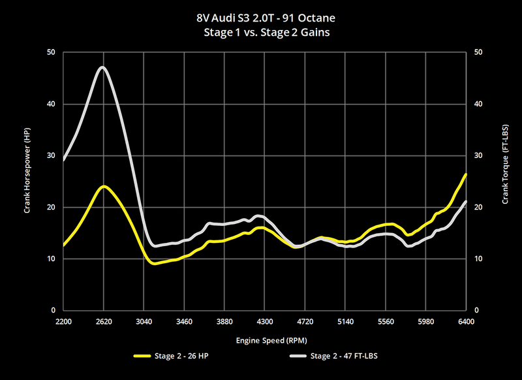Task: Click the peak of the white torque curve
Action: click(102, 67)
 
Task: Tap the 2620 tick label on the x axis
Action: click(104, 322)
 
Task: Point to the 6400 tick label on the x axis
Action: click(466, 322)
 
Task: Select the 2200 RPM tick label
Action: click(63, 322)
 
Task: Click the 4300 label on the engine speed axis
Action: click(265, 322)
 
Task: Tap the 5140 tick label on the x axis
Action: click(345, 322)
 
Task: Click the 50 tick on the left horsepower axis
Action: click(51, 52)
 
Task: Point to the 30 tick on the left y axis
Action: click(51, 155)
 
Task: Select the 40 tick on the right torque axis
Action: click(479, 104)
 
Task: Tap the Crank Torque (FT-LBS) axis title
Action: click(506, 182)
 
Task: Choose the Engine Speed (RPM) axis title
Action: click(264, 340)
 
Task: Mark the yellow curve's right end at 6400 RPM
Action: click(465, 175)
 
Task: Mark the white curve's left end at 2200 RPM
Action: click(64, 159)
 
